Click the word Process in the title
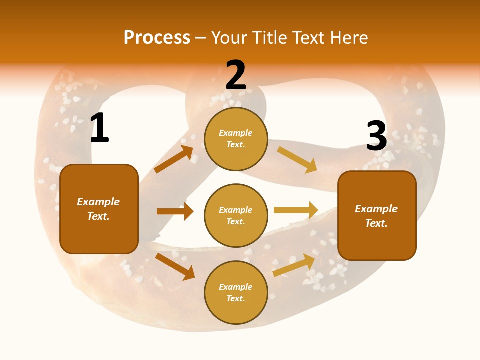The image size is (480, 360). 157,38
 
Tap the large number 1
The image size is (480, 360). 99,128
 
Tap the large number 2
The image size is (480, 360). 236,75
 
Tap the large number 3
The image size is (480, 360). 376,136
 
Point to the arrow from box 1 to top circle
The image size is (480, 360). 174,159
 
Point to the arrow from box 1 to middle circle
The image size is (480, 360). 175,211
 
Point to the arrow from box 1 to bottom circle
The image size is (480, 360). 175,266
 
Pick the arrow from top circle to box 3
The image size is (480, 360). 297,160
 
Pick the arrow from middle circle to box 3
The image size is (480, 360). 296,210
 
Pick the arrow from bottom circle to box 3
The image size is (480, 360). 294,265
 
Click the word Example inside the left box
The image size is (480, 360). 98,202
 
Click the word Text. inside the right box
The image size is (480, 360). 376,223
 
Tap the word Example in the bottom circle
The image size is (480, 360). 236,287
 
